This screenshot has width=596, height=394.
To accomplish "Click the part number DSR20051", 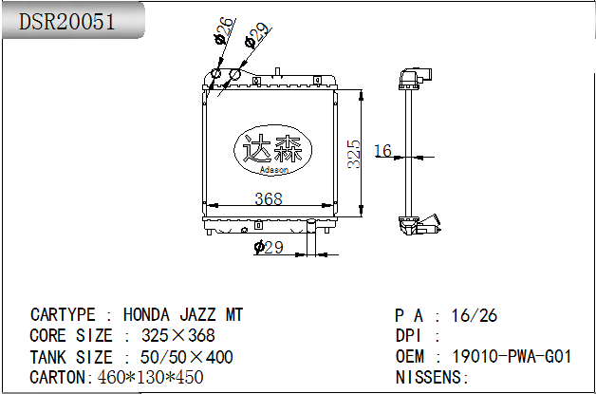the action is [x=66, y=21].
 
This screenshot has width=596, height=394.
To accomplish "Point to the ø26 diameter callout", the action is [x=223, y=30].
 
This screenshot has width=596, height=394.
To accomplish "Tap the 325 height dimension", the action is [x=354, y=154].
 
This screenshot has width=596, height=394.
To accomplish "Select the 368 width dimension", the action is [x=269, y=198].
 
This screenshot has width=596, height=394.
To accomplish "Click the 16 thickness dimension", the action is [x=382, y=151].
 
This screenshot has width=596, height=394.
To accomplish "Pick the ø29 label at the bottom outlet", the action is [x=269, y=248].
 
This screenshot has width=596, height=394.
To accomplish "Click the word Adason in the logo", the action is [x=274, y=170].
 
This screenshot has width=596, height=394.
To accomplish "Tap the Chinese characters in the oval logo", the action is [x=273, y=148].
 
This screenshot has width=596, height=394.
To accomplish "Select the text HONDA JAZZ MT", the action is [x=183, y=315].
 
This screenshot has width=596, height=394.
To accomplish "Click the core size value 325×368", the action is [x=177, y=335].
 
